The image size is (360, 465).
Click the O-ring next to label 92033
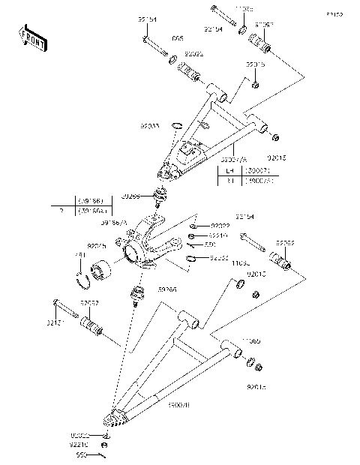177,125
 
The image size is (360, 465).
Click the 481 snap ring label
79,256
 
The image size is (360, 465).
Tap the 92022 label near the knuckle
220,225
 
